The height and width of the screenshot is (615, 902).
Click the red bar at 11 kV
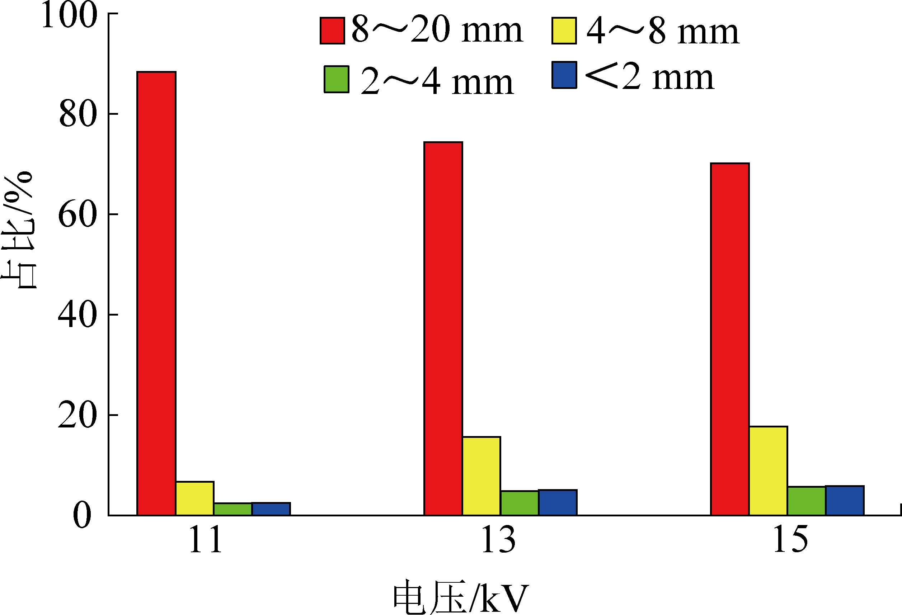tap(156, 293)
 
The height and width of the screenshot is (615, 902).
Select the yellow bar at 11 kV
tap(194, 498)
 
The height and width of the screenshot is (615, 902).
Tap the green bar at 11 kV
tap(232, 509)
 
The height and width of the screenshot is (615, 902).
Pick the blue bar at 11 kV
tap(271, 509)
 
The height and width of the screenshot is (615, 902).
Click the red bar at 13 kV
tap(443, 328)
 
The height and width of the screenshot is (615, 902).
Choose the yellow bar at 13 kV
tap(481, 476)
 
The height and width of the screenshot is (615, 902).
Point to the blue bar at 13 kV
tap(558, 502)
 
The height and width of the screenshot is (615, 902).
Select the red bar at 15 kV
tap(730, 339)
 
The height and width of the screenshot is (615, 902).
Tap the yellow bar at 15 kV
tap(768, 470)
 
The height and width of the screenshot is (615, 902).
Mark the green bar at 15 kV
tap(806, 501)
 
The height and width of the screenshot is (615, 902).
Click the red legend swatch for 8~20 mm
tap(332, 30)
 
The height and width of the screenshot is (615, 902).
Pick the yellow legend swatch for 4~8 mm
tap(564, 30)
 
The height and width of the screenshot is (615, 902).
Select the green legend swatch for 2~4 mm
tap(337, 79)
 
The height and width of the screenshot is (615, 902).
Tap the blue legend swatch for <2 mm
tap(564, 75)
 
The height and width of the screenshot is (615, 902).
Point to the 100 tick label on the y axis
tap(69, 15)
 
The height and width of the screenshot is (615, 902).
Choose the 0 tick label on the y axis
tap(82, 516)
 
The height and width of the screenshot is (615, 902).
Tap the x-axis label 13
tap(498, 540)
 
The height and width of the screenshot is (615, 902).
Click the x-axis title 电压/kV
tap(461, 597)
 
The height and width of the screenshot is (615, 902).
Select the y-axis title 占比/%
tap(19, 231)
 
